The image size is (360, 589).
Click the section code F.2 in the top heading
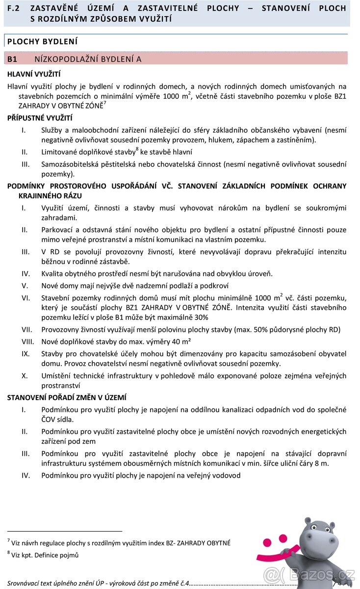(x=13, y=8)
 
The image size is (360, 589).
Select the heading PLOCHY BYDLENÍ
(x=42, y=42)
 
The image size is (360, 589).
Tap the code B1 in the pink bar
(x=12, y=59)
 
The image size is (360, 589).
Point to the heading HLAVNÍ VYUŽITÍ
(x=34, y=74)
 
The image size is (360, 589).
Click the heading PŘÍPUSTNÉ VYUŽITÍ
(x=40, y=118)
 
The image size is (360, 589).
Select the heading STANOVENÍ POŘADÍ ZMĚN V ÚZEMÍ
(x=67, y=398)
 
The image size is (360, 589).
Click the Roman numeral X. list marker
(x=25, y=375)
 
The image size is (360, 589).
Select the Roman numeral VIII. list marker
(x=27, y=342)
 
